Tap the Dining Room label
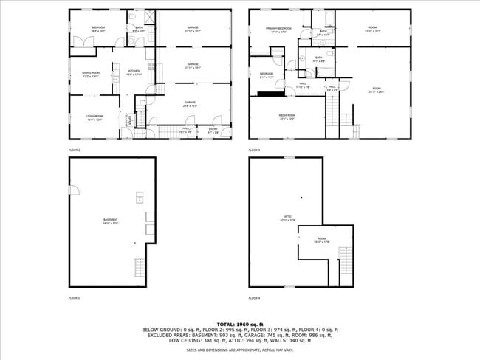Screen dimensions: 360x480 pyautogui.click(x=92, y=74)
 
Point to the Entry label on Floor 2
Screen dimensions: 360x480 pyautogui.click(x=213, y=131)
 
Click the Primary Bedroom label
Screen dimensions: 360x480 pyautogui.click(x=278, y=30)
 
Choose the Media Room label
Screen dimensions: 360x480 pyautogui.click(x=287, y=116)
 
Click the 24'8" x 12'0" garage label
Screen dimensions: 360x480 pyautogui.click(x=192, y=105)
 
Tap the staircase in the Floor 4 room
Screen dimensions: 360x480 pyautogui.click(x=344, y=266)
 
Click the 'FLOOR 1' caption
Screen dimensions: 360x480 pyautogui.click(x=74, y=298)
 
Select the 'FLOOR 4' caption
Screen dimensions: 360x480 pyautogui.click(x=254, y=298)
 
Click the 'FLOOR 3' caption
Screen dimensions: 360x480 pyautogui.click(x=254, y=150)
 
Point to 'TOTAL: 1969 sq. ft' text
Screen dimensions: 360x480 pyautogui.click(x=239, y=324)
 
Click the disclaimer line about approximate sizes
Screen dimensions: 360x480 pyautogui.click(x=239, y=350)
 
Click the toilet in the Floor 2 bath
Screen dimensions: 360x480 pyautogui.click(x=130, y=20)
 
